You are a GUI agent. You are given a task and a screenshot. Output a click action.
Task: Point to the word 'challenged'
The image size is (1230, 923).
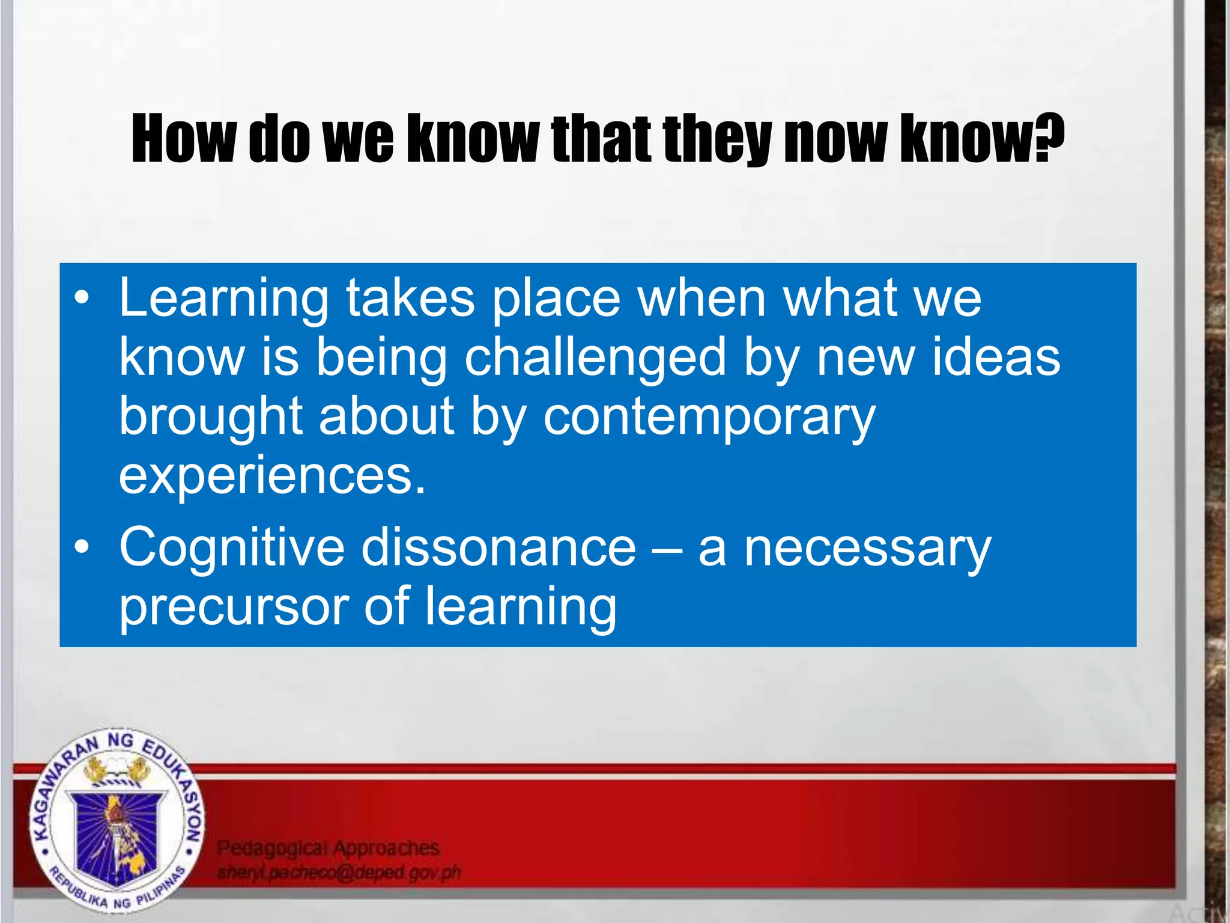coord(595,358)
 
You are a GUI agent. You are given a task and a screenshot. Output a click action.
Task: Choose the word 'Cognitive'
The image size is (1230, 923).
coord(232,547)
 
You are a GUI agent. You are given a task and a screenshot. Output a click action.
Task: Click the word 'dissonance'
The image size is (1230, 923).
coord(498,547)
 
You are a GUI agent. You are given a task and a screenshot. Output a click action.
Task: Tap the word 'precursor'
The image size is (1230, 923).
coord(234,607)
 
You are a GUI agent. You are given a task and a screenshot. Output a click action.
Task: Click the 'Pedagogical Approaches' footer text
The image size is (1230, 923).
coord(328,848)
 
